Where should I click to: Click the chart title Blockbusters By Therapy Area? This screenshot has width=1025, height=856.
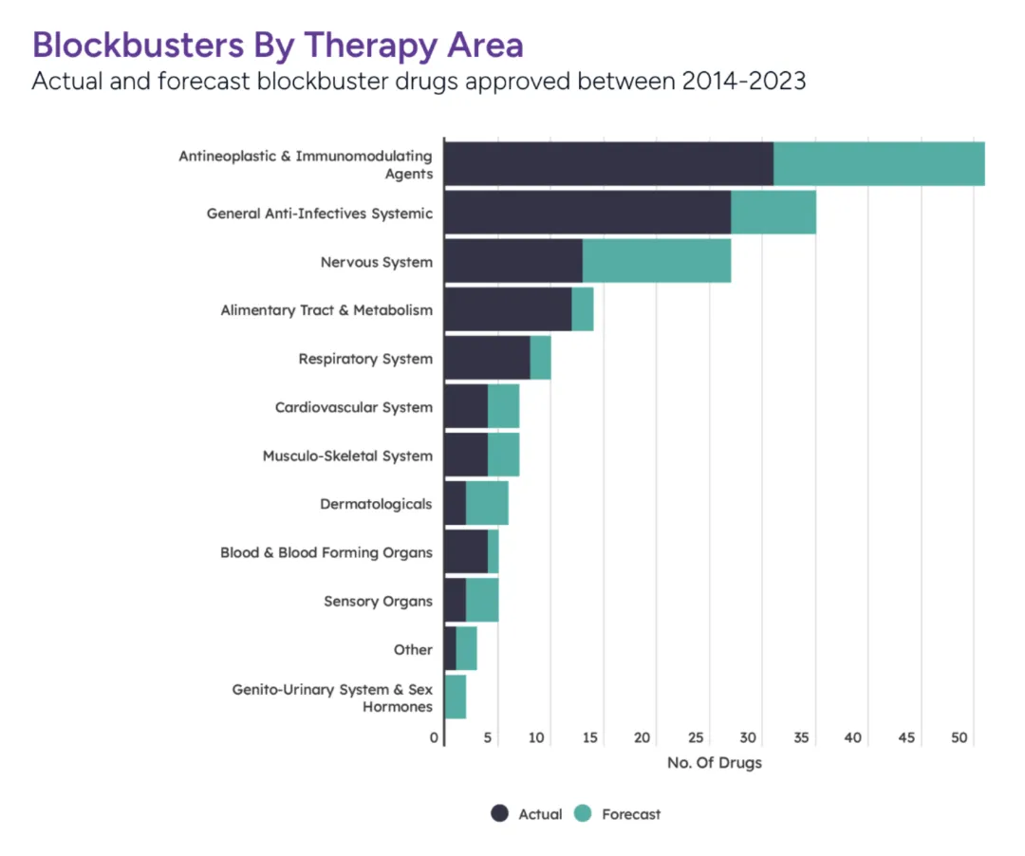pyautogui.click(x=277, y=45)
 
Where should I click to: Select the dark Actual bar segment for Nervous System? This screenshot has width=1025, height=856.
pyautogui.click(x=512, y=261)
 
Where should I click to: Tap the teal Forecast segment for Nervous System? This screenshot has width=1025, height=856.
pyautogui.click(x=656, y=261)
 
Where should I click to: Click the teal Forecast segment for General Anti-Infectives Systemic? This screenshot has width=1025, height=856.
pyautogui.click(x=773, y=213)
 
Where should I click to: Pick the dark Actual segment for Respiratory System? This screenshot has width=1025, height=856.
pyautogui.click(x=486, y=358)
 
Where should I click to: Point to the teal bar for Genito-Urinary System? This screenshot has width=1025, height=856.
pyautogui.click(x=456, y=697)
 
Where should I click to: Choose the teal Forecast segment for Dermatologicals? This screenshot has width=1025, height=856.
pyautogui.click(x=487, y=503)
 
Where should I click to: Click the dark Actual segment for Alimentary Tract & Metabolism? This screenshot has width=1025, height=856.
pyautogui.click(x=507, y=309)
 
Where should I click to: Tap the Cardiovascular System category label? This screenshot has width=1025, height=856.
pyautogui.click(x=353, y=407)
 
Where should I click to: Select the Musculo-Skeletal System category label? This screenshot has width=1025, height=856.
pyautogui.click(x=347, y=456)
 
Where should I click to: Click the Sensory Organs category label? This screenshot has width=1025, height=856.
pyautogui.click(x=378, y=601)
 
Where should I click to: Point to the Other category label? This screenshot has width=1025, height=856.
pyautogui.click(x=413, y=650)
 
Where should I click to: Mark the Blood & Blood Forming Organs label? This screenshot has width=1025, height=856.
pyautogui.click(x=326, y=552)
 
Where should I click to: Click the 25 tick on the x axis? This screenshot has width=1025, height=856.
pyautogui.click(x=696, y=738)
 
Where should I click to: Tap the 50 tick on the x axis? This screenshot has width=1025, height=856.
pyautogui.click(x=960, y=738)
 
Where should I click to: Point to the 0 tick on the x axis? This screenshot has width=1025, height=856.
pyautogui.click(x=435, y=738)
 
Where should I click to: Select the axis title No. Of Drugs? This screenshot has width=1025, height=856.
pyautogui.click(x=714, y=763)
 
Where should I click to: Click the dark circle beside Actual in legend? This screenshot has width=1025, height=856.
pyautogui.click(x=500, y=813)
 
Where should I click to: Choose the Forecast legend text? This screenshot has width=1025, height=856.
pyautogui.click(x=631, y=814)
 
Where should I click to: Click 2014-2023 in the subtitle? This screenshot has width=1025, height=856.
pyautogui.click(x=743, y=81)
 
